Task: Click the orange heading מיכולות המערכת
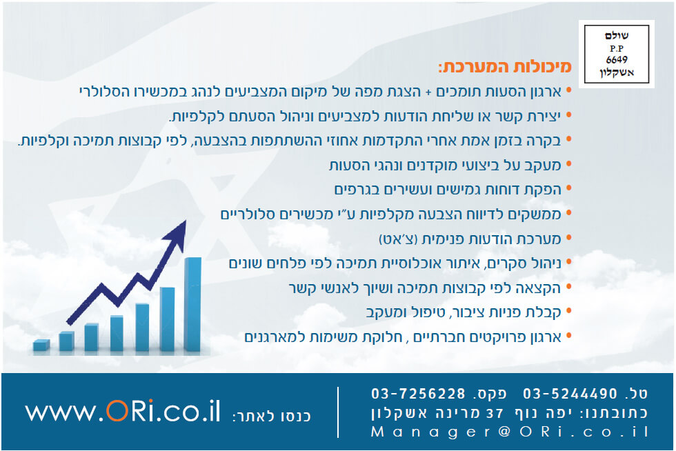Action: pos(505,67)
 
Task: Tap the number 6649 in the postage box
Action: pos(617,59)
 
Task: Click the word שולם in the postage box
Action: pos(617,36)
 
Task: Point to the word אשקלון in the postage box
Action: pos(617,72)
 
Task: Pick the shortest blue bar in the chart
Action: pos(41,345)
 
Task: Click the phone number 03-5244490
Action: pos(570,393)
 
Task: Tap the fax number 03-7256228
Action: pos(418,393)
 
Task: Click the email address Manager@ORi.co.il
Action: pos(510,432)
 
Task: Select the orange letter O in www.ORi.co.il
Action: pos(117,411)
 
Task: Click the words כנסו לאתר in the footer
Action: pos(272,417)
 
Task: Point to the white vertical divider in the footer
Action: pos(338,412)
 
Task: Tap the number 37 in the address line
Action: pos(495,413)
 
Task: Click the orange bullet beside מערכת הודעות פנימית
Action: pos(568,238)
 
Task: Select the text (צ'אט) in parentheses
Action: pos(399,239)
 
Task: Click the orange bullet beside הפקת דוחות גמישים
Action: pos(568,188)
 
